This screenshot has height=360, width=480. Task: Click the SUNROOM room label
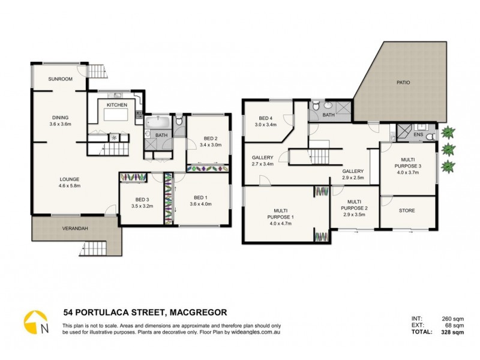61,79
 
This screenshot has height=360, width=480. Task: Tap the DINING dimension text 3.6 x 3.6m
61,124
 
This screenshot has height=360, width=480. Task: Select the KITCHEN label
117,105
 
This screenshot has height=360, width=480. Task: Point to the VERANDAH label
76,228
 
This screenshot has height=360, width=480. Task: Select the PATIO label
403,82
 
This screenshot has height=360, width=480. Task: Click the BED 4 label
267,118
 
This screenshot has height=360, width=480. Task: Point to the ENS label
418,136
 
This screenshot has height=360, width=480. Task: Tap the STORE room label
407,211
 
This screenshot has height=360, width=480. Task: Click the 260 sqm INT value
442,319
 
